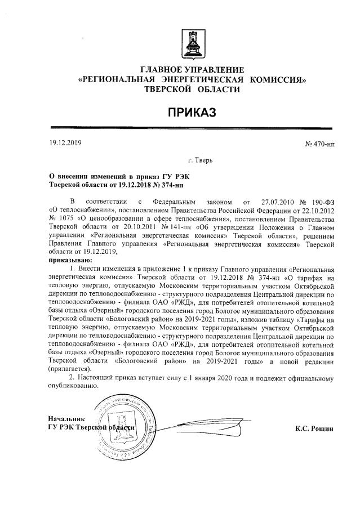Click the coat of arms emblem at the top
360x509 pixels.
191,44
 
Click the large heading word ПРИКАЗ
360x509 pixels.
192,113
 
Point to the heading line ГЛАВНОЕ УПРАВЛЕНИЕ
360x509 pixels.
192,69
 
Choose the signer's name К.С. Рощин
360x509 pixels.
315,428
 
